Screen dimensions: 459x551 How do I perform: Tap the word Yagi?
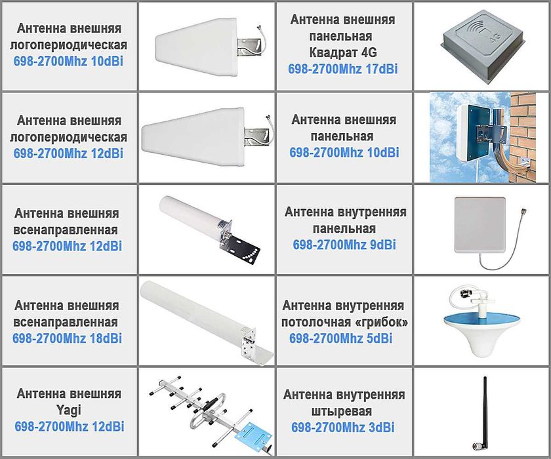click(x=69, y=410)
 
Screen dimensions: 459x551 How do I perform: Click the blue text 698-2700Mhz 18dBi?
click(x=67, y=338)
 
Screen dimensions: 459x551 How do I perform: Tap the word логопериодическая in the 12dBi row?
click(x=71, y=137)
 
